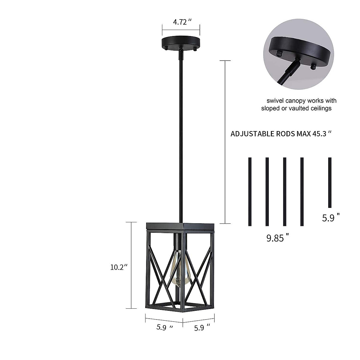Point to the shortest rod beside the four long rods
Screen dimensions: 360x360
point(330,182)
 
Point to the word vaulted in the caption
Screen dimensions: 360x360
point(300,108)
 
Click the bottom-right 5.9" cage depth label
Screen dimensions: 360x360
point(202,328)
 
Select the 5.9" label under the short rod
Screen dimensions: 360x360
point(331,218)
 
